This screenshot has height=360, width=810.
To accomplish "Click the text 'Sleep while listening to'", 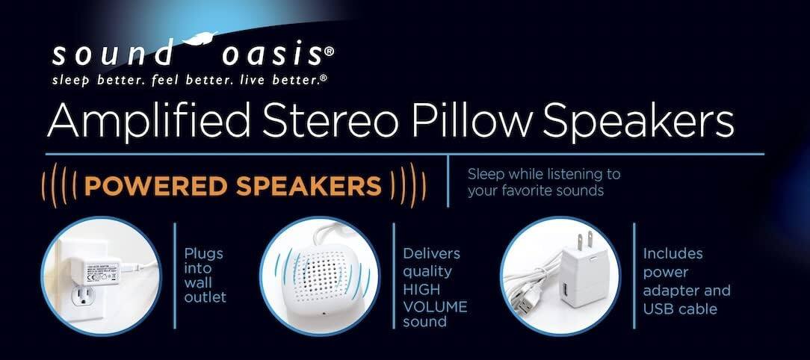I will pos(544,175).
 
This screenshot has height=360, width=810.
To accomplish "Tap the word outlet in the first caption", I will pos(205,297).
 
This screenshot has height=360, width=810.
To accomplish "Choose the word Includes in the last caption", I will pos(673,254).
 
